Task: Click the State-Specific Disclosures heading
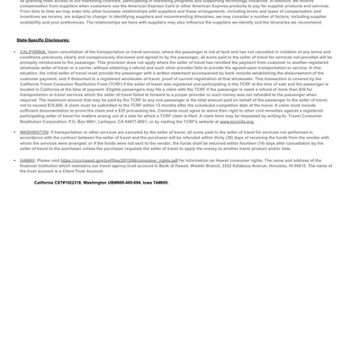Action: point(43,40)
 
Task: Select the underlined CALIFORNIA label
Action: point(33,52)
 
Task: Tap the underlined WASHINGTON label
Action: point(34,132)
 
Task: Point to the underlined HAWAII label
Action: point(27,161)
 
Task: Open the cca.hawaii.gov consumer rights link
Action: point(119,161)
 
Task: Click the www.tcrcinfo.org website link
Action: point(237,121)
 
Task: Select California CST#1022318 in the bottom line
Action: point(58,183)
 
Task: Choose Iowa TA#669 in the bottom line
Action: point(156,183)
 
